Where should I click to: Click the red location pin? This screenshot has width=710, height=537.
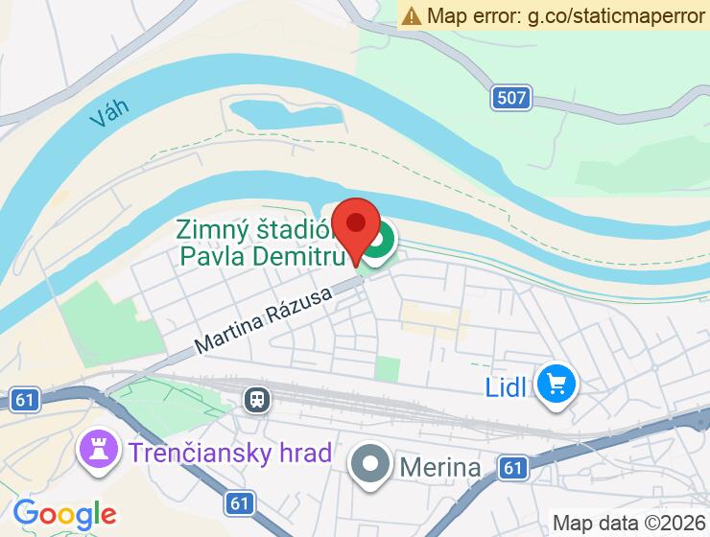click(x=356, y=226)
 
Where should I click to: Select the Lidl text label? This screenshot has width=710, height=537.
click(x=506, y=388)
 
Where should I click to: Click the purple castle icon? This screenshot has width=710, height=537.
click(x=98, y=450)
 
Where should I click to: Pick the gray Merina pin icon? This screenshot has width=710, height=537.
click(x=370, y=466)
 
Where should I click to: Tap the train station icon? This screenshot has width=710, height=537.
click(x=256, y=398)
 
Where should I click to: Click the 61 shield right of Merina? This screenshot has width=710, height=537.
click(x=513, y=468)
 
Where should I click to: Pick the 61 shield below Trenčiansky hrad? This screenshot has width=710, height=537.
click(x=241, y=502)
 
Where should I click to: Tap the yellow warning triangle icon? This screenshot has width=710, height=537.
click(x=412, y=15)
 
